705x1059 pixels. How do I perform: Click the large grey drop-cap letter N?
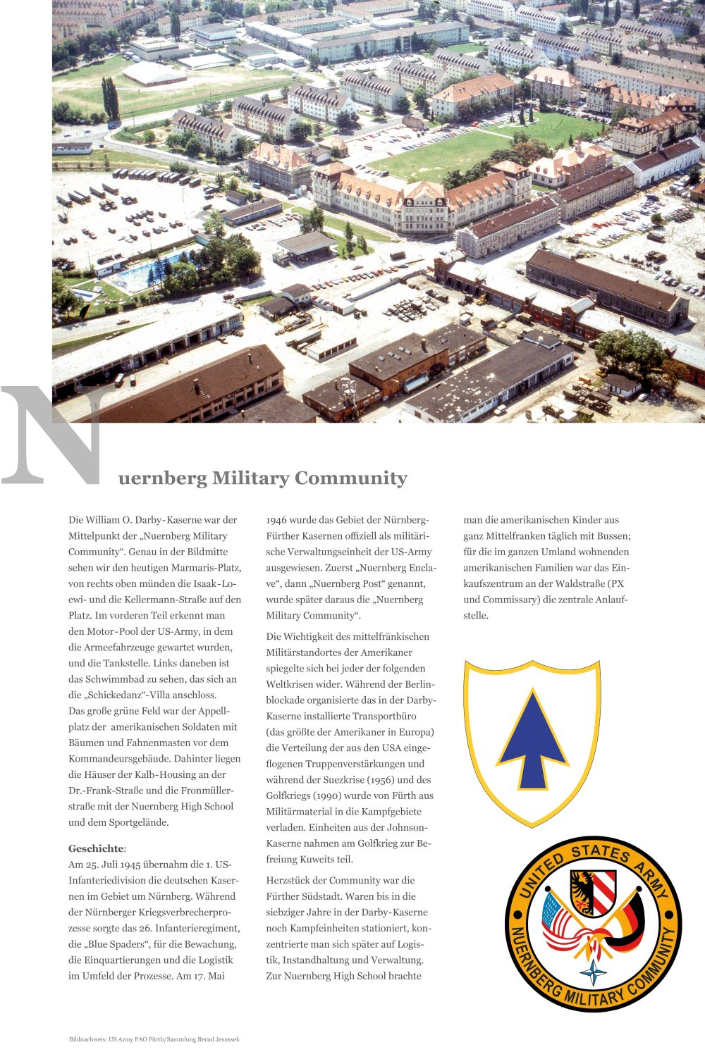pos(53,437)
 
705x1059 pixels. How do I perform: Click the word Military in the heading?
pos(250,478)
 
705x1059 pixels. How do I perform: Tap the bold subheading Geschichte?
pos(95,848)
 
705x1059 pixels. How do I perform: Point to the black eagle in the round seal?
pos(582,889)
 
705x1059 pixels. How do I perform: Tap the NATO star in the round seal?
pos(593,973)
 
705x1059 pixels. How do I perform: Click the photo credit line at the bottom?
pos(154,1039)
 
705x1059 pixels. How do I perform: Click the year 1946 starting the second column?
pos(276,520)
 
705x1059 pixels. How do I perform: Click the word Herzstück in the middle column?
pos(288,880)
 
